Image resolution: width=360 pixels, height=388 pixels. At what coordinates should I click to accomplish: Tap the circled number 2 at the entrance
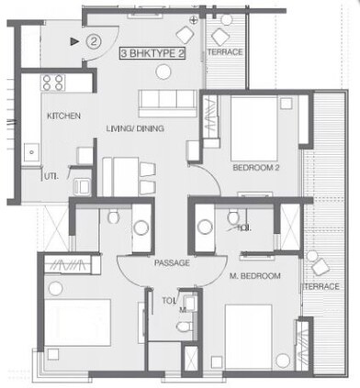tap(93, 40)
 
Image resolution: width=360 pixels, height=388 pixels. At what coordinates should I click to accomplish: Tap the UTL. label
tap(52, 175)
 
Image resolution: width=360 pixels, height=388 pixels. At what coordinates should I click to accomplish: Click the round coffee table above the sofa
tap(184, 35)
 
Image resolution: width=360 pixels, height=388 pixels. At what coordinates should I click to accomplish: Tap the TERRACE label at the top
tap(225, 52)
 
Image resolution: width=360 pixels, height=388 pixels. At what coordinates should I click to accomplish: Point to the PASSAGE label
tap(172, 263)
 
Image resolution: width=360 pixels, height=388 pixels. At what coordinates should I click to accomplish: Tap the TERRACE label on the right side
tap(322, 287)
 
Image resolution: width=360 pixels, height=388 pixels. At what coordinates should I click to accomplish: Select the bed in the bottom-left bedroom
tap(77, 326)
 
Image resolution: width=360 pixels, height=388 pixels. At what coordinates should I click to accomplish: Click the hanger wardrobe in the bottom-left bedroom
tap(71, 265)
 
